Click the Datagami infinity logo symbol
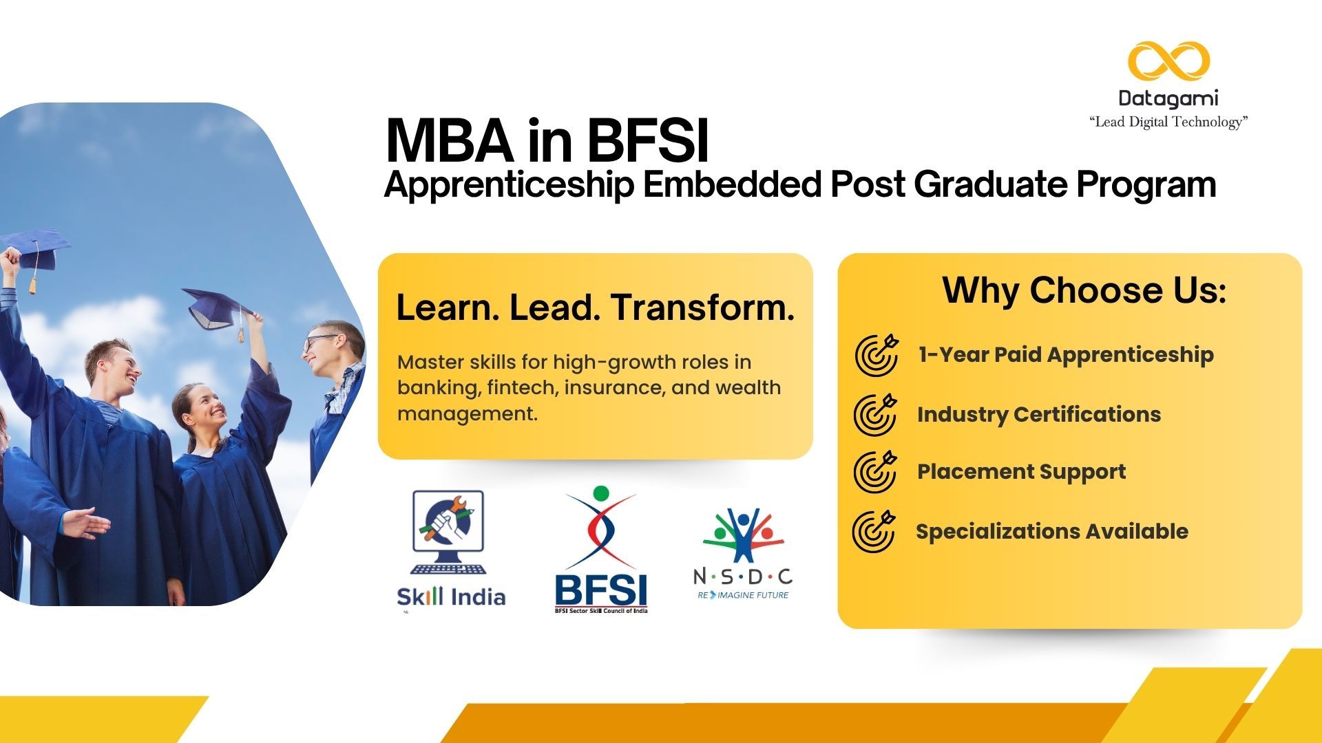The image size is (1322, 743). (x=1168, y=61)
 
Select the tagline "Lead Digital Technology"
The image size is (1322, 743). (x=1168, y=122)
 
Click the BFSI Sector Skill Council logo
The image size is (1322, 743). (x=601, y=550)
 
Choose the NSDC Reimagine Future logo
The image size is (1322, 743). (x=743, y=554)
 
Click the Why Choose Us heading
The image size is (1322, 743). (x=1084, y=290)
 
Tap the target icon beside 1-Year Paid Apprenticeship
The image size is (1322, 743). (x=877, y=355)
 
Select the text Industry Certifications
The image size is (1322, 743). (x=1038, y=414)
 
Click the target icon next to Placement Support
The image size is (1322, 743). (x=875, y=472)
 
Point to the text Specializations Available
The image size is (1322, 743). (x=1051, y=531)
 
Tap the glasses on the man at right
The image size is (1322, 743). (x=320, y=340)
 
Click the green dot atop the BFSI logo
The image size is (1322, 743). (x=601, y=493)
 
